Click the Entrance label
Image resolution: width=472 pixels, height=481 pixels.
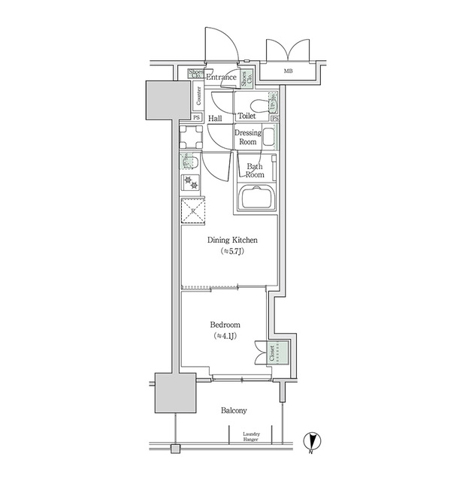pos(221,77)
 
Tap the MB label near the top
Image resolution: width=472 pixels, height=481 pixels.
pos(289,72)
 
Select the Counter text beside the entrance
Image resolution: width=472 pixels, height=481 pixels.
pos(198,95)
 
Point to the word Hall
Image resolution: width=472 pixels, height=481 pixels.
pos(215,119)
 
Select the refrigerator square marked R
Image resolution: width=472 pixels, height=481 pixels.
pos(193,211)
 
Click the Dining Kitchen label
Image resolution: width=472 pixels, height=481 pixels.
pos(232,240)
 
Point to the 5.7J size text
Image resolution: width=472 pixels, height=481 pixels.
pos(232,253)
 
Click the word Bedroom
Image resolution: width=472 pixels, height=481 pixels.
pos(225,325)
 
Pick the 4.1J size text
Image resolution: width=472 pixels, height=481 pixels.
pos(225,336)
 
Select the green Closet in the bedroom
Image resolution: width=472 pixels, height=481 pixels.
pos(279,353)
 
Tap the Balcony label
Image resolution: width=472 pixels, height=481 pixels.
pos(234,410)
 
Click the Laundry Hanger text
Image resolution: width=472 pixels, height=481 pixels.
pos(251,437)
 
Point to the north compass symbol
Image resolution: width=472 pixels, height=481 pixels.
pos(310,442)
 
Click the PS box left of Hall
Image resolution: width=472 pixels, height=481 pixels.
pos(196,118)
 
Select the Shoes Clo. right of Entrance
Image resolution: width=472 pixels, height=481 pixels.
pos(246,77)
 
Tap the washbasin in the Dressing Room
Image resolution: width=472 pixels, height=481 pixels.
pos(268,137)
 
